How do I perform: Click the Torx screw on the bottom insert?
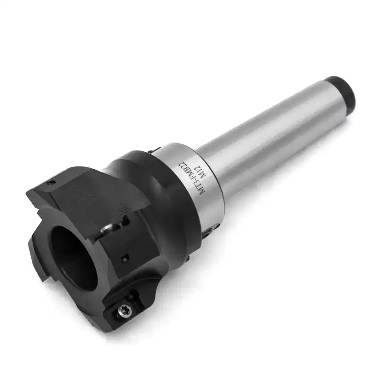pos(125,312)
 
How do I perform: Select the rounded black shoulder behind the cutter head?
pos(152,193)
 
